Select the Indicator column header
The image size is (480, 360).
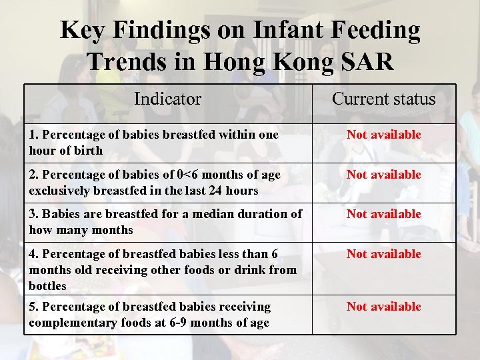click(167, 99)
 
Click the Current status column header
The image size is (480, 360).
click(383, 99)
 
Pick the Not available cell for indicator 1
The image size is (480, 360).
click(383, 135)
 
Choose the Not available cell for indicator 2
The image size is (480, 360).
click(383, 175)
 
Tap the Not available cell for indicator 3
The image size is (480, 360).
click(383, 214)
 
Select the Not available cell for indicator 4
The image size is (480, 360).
click(383, 254)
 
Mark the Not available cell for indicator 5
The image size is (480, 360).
click(383, 307)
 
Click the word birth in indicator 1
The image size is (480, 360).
click(89, 151)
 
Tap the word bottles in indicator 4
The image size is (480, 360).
click(48, 286)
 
